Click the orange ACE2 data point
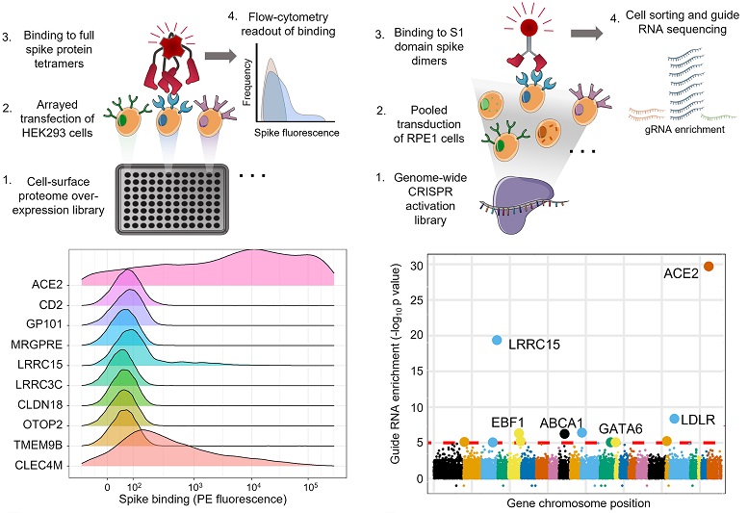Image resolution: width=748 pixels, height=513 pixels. point(708,267)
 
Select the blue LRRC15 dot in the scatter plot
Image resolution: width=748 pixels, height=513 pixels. point(497,340)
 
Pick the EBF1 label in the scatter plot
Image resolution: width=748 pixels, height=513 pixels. point(507,421)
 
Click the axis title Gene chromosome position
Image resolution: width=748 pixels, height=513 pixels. point(577,502)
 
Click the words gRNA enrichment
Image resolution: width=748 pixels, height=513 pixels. point(674,128)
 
